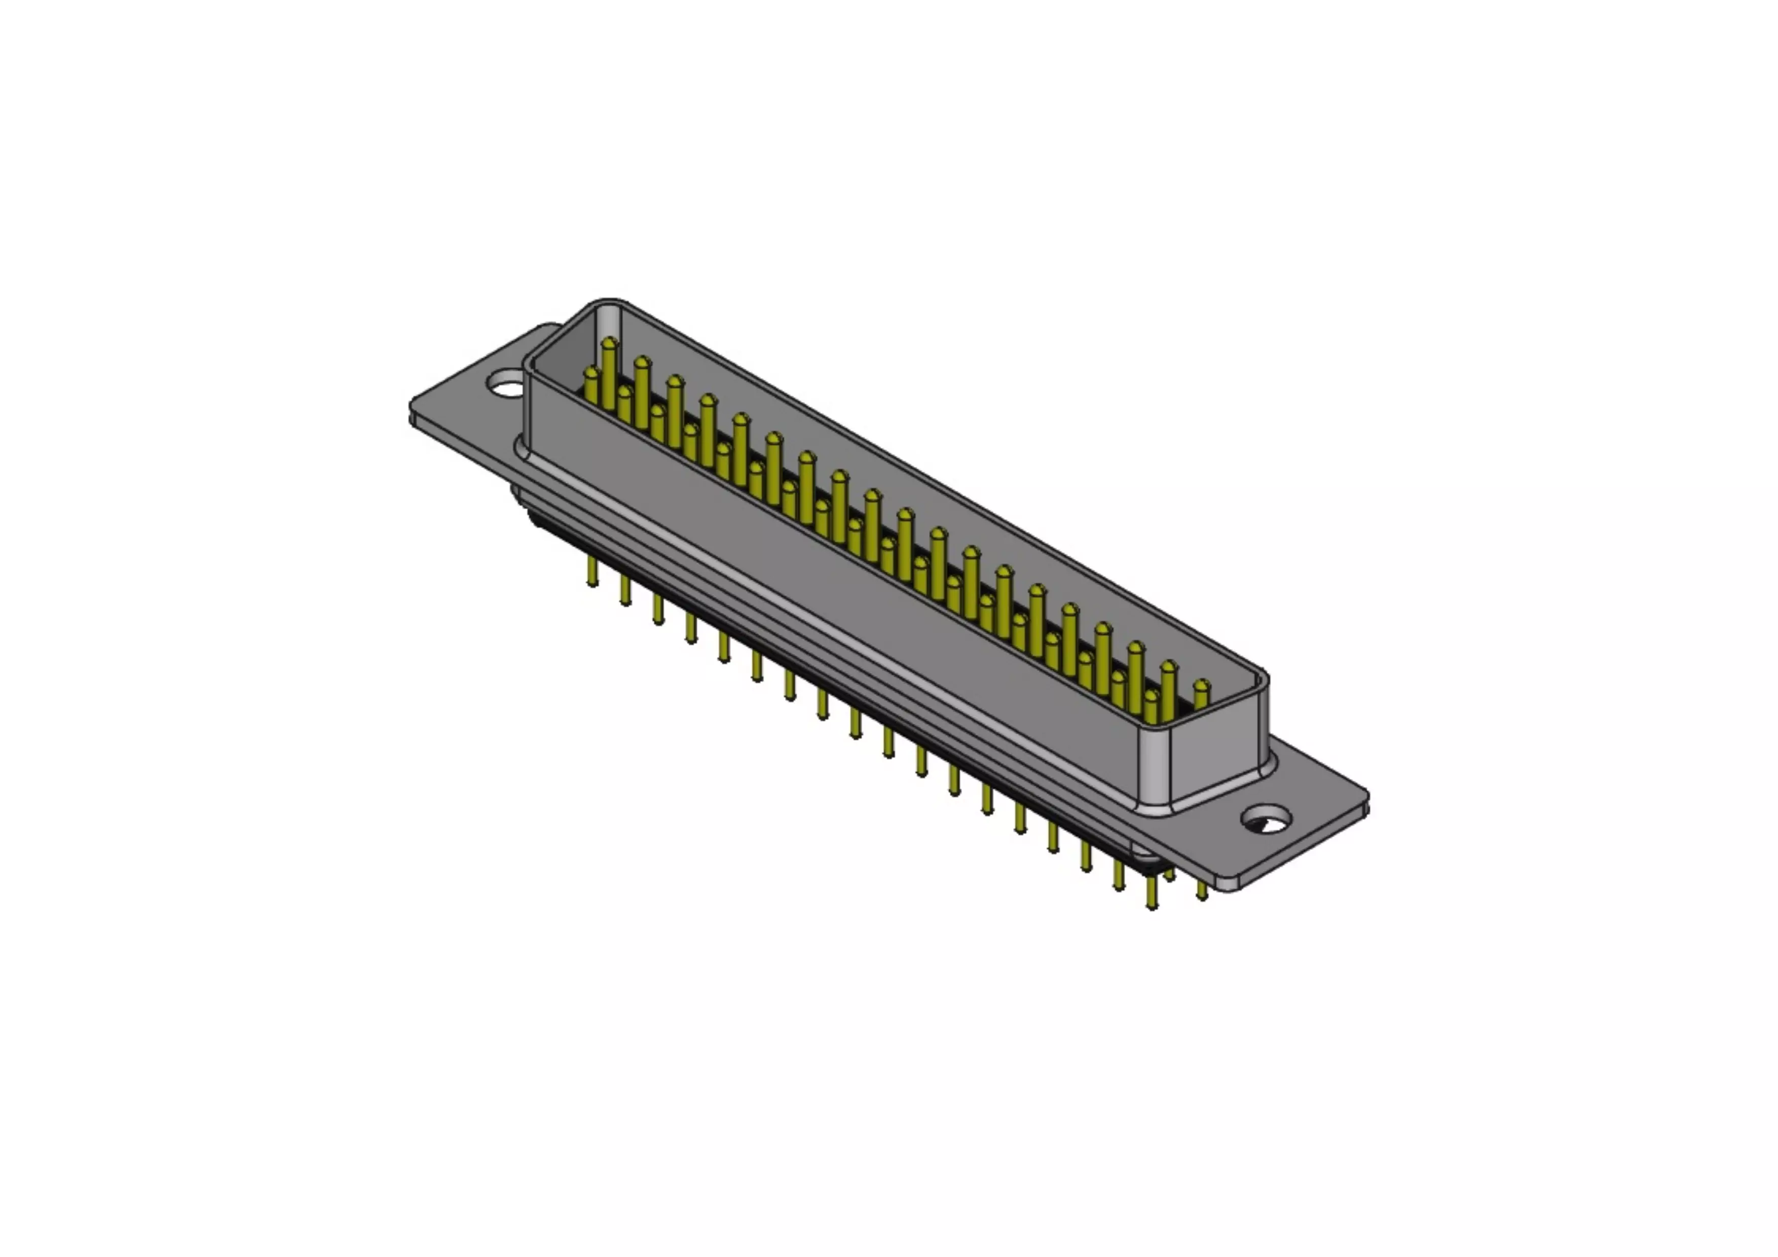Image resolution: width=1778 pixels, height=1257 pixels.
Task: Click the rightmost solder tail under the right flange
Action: click(x=1202, y=891)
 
